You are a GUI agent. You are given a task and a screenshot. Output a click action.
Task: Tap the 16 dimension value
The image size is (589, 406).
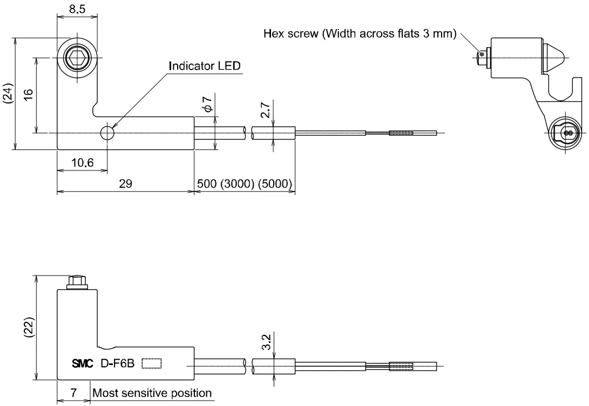tap(29, 93)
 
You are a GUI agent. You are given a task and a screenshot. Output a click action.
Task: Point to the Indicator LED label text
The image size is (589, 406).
tap(205, 66)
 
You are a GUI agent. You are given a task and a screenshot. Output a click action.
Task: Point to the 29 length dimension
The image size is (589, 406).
tap(125, 184)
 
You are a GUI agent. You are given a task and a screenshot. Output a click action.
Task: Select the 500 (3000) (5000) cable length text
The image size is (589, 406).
tap(245, 184)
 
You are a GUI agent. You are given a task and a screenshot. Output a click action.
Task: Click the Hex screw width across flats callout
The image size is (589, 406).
tap(360, 34)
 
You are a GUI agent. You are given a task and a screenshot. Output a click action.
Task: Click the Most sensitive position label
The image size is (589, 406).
tap(152, 393)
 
